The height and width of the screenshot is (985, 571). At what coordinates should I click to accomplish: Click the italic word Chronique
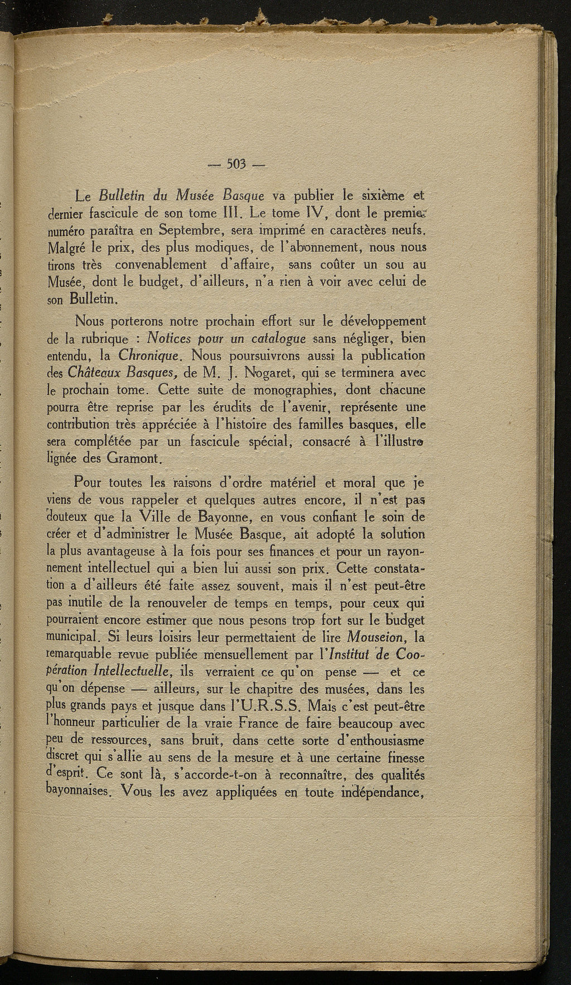pyautogui.click(x=148, y=355)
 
